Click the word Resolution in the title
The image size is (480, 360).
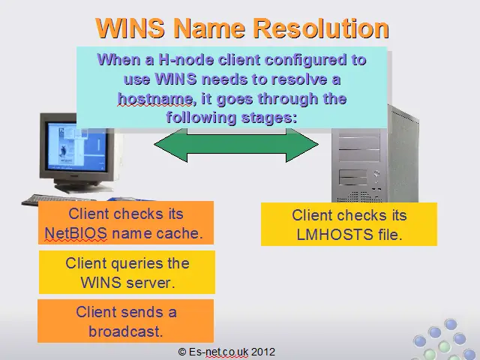[x=322, y=28]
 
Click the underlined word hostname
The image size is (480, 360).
[x=155, y=99]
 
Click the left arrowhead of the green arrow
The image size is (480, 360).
[x=170, y=145]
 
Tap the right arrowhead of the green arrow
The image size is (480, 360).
[x=302, y=145]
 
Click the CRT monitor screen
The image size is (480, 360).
[x=76, y=147]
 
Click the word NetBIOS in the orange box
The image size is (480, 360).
[x=76, y=233]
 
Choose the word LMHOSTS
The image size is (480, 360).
[x=334, y=235]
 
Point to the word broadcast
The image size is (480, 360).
[x=125, y=331]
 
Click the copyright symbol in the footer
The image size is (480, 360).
[x=181, y=352]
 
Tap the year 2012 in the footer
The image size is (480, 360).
[x=263, y=352]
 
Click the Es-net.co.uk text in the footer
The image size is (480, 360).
[x=218, y=352]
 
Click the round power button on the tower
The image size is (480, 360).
[x=376, y=174]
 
